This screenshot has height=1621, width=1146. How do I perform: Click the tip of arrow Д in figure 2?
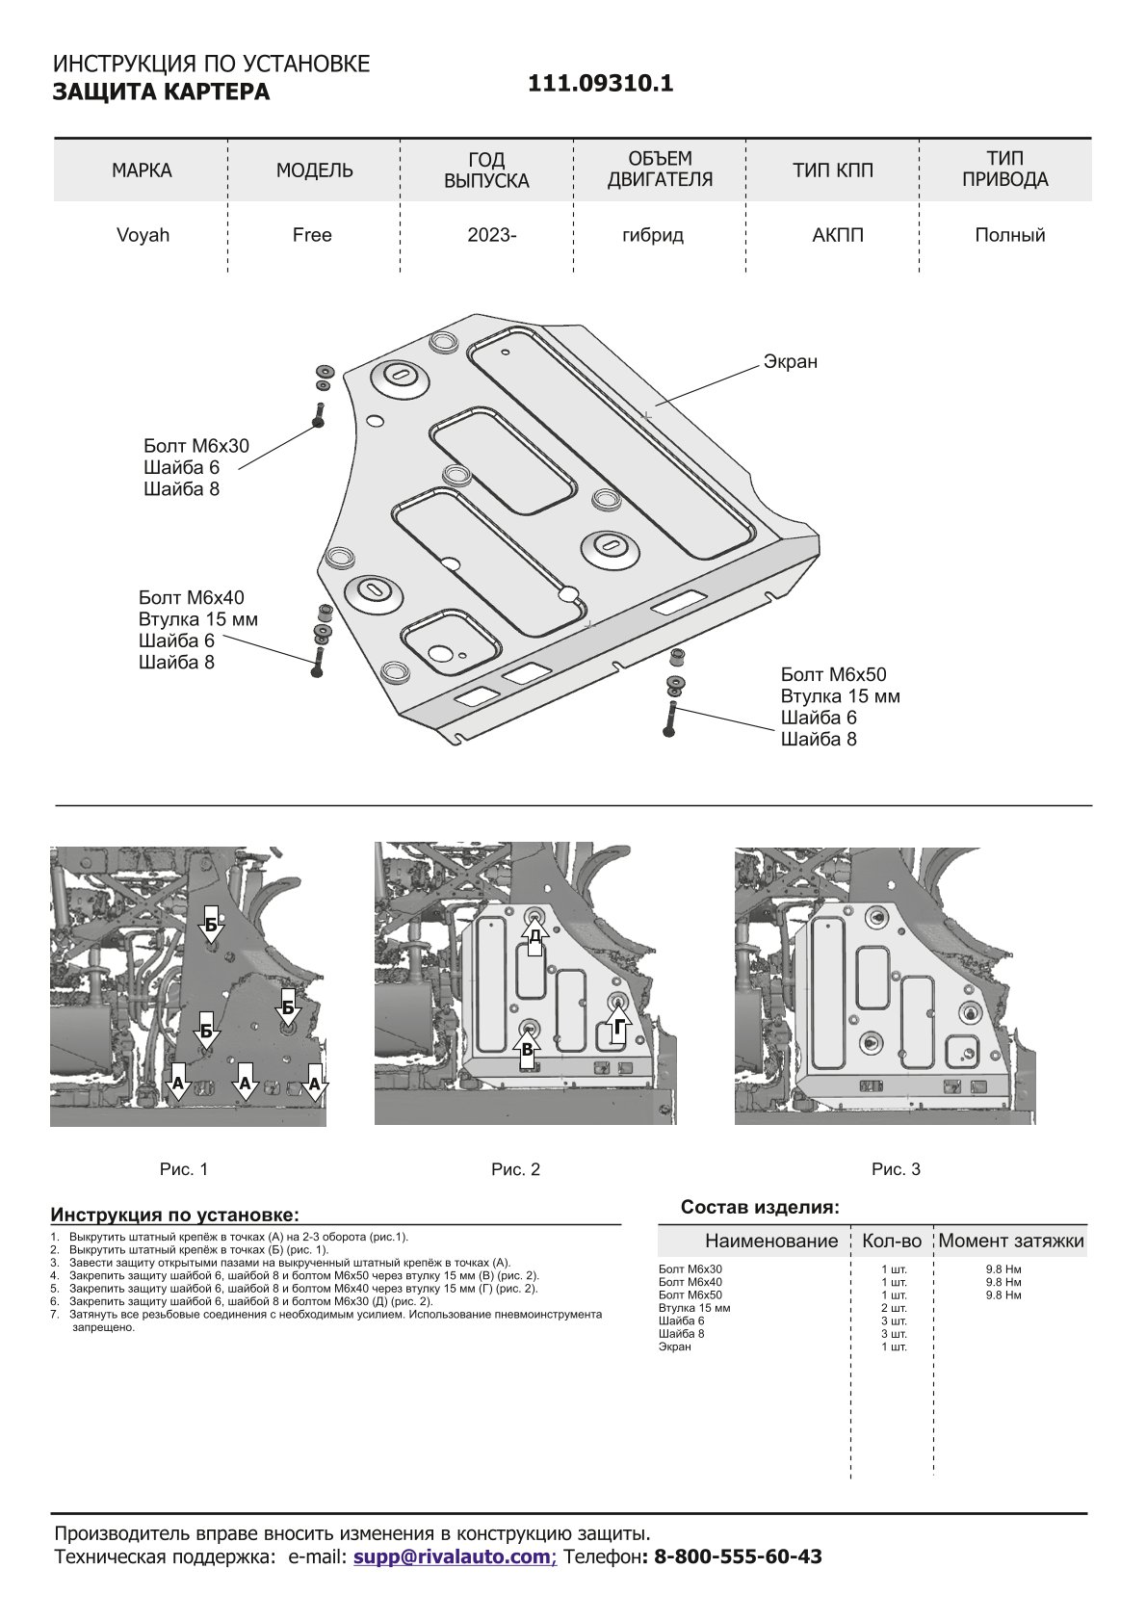click(x=534, y=915)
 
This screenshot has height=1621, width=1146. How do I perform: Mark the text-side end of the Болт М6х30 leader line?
click(x=238, y=468)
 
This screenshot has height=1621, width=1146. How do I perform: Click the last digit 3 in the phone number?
click(x=815, y=1556)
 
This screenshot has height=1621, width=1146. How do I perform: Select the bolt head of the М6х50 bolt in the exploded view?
click(x=669, y=732)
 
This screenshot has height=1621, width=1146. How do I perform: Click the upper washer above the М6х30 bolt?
click(x=325, y=371)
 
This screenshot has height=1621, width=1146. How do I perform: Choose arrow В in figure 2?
click(x=527, y=1049)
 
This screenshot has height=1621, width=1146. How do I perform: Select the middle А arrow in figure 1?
click(x=246, y=1082)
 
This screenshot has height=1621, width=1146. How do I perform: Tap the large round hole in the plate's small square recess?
click(x=440, y=653)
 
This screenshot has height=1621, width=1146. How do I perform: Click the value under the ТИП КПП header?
click(x=837, y=235)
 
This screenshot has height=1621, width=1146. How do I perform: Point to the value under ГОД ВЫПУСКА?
click(x=492, y=235)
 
